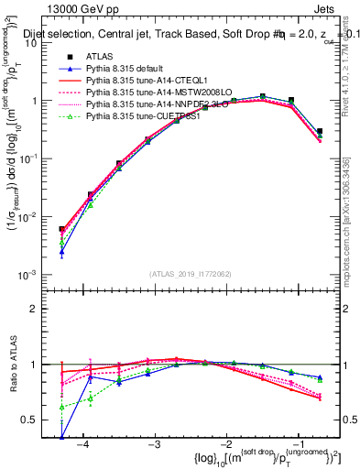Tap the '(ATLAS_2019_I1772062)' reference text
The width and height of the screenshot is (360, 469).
(190, 274)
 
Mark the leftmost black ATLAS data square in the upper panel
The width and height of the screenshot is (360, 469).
(61, 230)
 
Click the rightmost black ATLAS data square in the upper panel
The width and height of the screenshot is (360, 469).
(319, 132)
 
